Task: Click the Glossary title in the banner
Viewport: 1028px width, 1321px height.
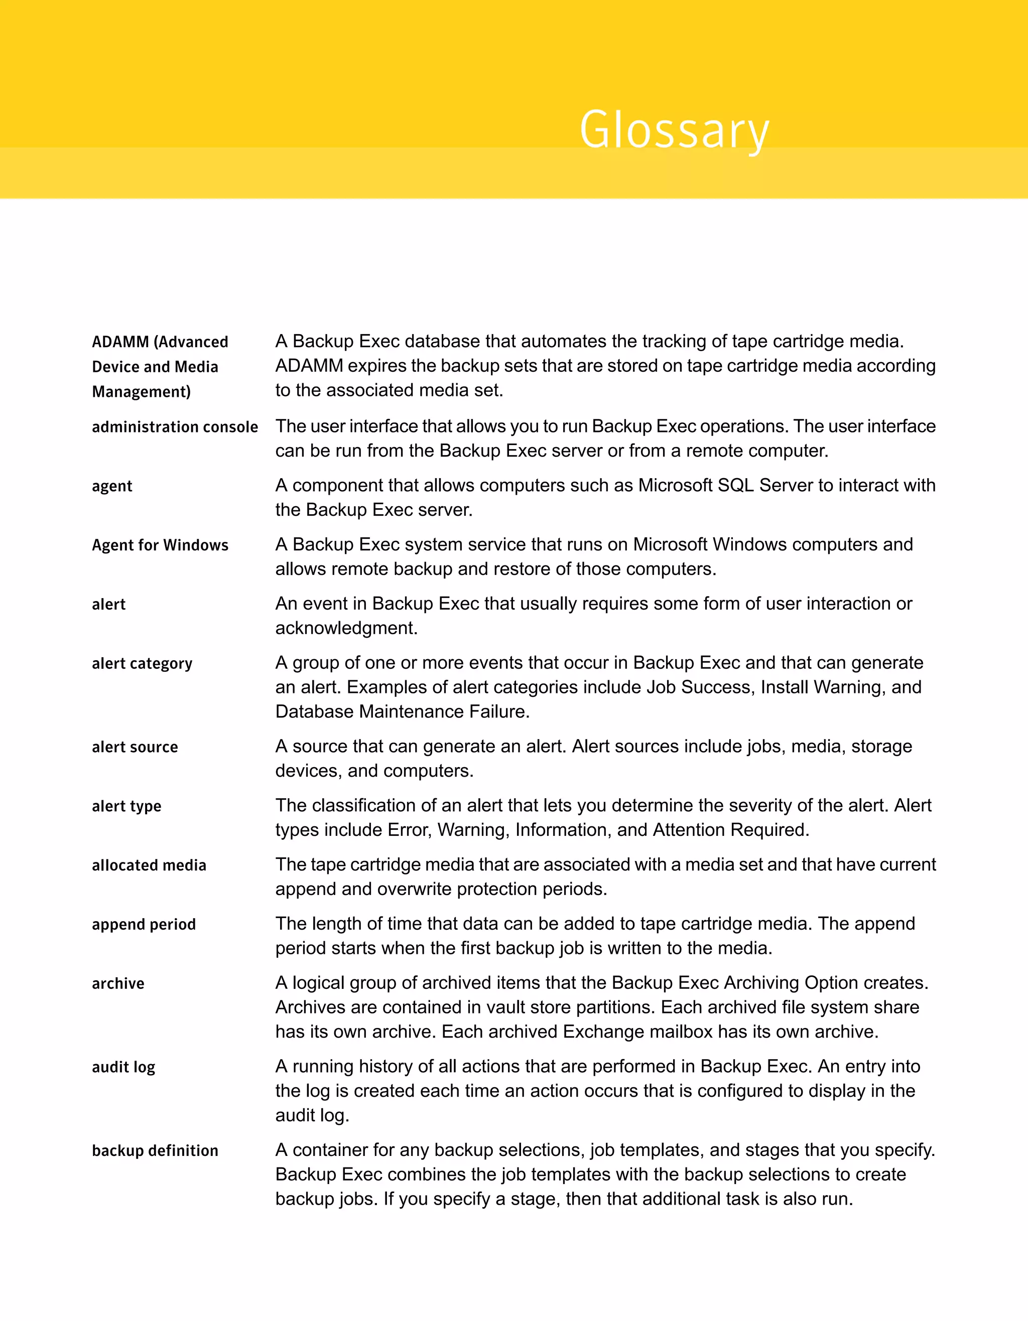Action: point(674,129)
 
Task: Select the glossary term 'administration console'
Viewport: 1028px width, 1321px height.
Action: point(175,427)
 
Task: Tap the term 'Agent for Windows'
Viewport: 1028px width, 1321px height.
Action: point(160,545)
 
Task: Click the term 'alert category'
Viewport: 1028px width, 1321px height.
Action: point(142,664)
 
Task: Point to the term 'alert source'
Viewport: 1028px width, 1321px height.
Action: point(135,747)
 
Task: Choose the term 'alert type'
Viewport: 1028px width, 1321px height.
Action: point(126,806)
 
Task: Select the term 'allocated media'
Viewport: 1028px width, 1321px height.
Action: point(149,865)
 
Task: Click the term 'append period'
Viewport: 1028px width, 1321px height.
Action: point(144,924)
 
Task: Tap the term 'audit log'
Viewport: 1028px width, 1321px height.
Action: point(123,1067)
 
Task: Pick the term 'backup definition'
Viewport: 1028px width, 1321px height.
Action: point(155,1150)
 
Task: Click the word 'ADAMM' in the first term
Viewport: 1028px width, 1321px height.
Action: point(120,342)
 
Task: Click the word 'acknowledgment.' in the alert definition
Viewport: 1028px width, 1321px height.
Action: point(346,628)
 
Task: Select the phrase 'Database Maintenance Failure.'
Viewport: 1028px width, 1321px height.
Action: point(403,711)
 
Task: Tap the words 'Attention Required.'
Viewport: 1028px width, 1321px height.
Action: point(731,829)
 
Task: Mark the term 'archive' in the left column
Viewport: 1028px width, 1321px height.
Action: point(118,983)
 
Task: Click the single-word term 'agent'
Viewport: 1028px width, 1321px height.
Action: point(112,486)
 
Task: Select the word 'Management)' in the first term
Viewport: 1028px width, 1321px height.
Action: point(141,392)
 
